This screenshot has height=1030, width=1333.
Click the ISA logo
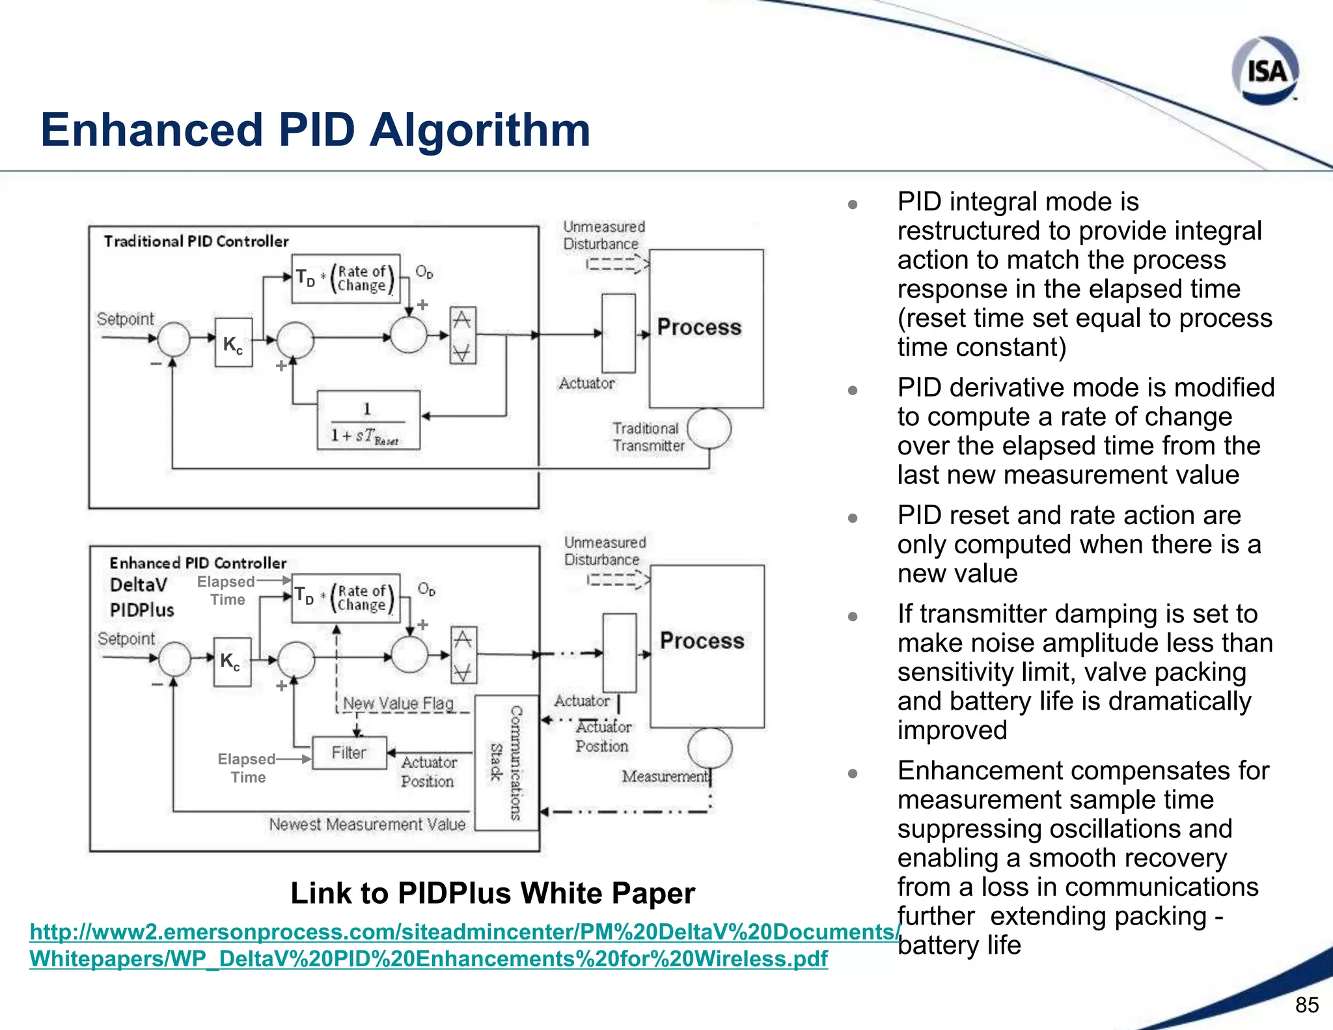1265,70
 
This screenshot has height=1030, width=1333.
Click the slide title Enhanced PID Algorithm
315,130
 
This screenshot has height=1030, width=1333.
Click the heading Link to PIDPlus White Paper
492,893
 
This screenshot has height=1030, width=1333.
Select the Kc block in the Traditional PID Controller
233,343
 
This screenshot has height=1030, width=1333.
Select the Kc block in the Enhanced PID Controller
231,661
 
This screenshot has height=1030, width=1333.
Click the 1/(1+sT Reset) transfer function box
368,421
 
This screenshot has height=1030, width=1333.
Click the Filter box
349,753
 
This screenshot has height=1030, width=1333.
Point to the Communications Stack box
506,762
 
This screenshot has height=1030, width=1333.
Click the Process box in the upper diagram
706,327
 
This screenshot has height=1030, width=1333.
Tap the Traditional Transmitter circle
709,429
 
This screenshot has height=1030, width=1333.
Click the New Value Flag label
398,704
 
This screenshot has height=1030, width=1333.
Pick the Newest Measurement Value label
367,824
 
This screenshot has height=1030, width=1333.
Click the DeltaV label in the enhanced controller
139,585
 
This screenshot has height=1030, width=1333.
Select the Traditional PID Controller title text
196,242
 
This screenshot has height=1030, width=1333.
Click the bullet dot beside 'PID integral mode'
853,204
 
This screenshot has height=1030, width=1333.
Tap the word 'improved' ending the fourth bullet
952,731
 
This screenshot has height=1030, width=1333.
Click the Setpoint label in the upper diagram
125,319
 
